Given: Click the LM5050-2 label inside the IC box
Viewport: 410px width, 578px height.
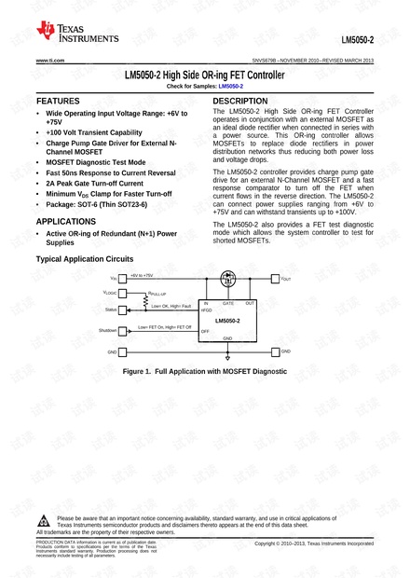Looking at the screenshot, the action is tap(226, 320).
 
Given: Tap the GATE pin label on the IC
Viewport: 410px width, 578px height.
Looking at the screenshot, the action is tap(226, 303).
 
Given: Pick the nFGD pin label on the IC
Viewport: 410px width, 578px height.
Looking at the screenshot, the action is tap(206, 310).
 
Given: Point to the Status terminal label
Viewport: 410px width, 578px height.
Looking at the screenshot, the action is tap(111, 309).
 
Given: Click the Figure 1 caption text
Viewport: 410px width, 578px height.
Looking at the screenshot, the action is tap(202, 371).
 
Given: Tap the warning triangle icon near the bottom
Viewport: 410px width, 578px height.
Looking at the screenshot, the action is tap(46, 518).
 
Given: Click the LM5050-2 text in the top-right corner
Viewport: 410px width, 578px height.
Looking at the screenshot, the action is tap(357, 40).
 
